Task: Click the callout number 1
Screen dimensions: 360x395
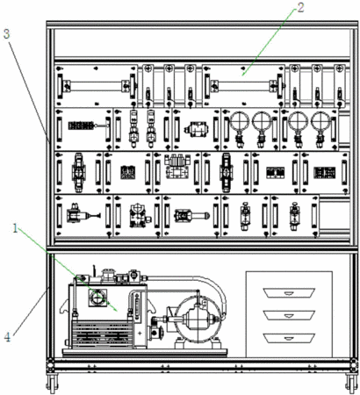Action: click(15, 228)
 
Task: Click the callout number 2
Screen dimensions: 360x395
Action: click(300, 7)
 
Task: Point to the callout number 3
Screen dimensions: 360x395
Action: click(6, 33)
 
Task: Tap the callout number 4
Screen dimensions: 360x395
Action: click(7, 337)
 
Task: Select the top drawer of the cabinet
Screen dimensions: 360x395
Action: click(289, 293)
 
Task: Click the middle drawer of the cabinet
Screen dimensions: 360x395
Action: click(289, 315)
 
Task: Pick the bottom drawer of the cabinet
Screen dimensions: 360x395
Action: click(289, 338)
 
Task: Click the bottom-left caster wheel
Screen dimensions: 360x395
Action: click(52, 384)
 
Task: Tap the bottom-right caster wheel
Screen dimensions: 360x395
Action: click(351, 384)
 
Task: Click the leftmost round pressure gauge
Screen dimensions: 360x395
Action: click(240, 122)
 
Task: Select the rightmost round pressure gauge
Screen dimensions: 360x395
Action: click(320, 122)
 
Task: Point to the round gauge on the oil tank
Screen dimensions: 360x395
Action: click(97, 298)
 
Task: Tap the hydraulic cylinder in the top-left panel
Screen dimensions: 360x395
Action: click(97, 86)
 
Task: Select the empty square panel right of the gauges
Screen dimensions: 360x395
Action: click(344, 130)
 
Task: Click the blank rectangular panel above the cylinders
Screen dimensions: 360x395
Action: click(202, 43)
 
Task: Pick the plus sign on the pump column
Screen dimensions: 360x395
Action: click(140, 333)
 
